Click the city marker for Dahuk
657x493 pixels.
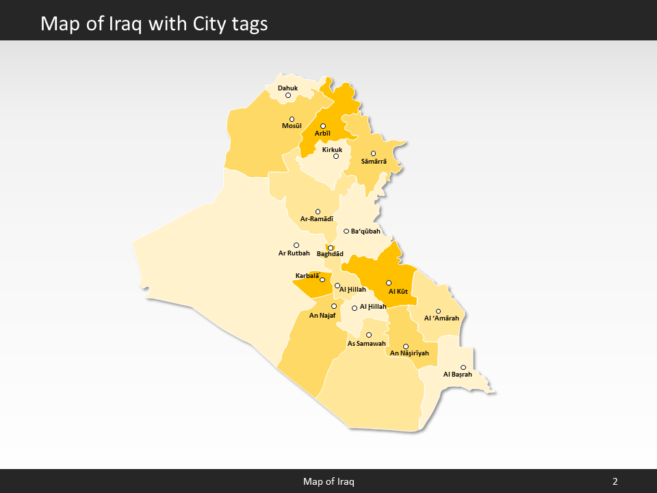click(x=288, y=95)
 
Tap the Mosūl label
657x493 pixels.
click(x=292, y=126)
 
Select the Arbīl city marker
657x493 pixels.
click(x=323, y=126)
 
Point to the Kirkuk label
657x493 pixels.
click(x=332, y=149)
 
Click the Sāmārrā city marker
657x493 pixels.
click(x=373, y=153)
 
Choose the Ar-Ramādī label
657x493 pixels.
click(x=317, y=219)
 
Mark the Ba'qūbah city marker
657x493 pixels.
click(x=346, y=231)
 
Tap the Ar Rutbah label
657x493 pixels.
click(x=294, y=253)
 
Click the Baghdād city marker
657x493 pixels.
click(x=331, y=248)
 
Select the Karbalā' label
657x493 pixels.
click(x=307, y=276)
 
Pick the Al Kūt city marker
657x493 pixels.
click(x=389, y=283)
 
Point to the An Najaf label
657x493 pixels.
click(x=322, y=316)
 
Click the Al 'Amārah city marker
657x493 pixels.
click(x=439, y=312)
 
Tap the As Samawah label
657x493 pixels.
click(x=367, y=343)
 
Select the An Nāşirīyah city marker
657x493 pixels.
click(x=406, y=346)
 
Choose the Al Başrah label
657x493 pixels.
click(x=458, y=375)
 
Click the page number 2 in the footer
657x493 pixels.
click(x=615, y=482)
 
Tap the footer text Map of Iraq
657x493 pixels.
click(x=328, y=482)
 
